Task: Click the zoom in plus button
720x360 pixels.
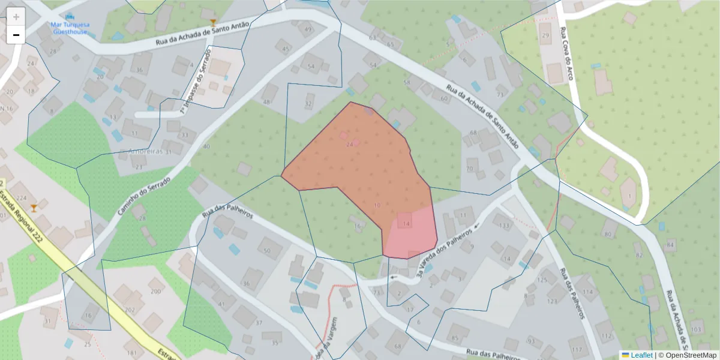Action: pyautogui.click(x=16, y=17)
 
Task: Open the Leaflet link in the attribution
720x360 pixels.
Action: pyautogui.click(x=641, y=355)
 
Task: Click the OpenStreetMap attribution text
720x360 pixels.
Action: pyautogui.click(x=689, y=355)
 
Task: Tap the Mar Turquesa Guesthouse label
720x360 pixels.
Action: pyautogui.click(x=70, y=28)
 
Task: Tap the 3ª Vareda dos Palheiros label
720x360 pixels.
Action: pyautogui.click(x=444, y=255)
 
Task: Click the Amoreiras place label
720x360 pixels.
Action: pyautogui.click(x=146, y=151)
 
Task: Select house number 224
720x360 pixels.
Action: pyautogui.click(x=22, y=198)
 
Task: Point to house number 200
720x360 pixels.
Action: pyautogui.click(x=156, y=292)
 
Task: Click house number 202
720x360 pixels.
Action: pyautogui.click(x=130, y=310)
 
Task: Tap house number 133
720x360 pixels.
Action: pyautogui.click(x=504, y=226)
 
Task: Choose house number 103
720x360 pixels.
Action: pyautogui.click(x=697, y=330)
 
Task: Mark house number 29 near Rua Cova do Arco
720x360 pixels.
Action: pyautogui.click(x=545, y=35)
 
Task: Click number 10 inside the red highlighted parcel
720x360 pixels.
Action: pyautogui.click(x=377, y=205)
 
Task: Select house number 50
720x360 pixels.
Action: pyautogui.click(x=268, y=250)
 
